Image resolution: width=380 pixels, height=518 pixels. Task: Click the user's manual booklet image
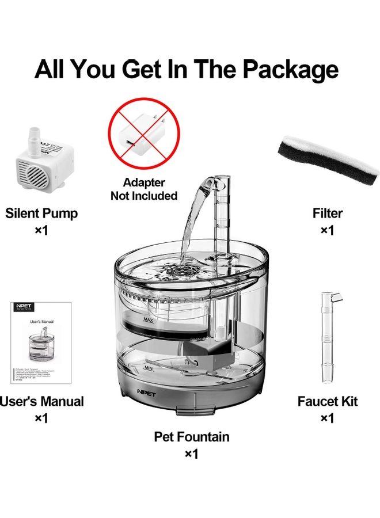tap(41, 342)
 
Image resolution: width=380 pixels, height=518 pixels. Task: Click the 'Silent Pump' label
tap(41, 213)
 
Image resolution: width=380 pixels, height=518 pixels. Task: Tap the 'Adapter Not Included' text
tap(144, 189)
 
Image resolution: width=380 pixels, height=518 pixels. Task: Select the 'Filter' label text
tap(328, 213)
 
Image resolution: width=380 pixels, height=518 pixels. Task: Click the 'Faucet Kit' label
tap(327, 401)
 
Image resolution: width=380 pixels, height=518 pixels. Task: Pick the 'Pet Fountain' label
tap(192, 437)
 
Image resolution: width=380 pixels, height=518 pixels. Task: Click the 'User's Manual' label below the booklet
tap(41, 401)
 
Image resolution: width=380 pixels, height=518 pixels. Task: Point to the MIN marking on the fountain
tap(149, 367)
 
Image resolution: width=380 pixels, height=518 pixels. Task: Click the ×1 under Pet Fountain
tap(192, 454)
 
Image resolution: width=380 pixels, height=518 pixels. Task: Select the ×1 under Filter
tap(328, 230)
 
